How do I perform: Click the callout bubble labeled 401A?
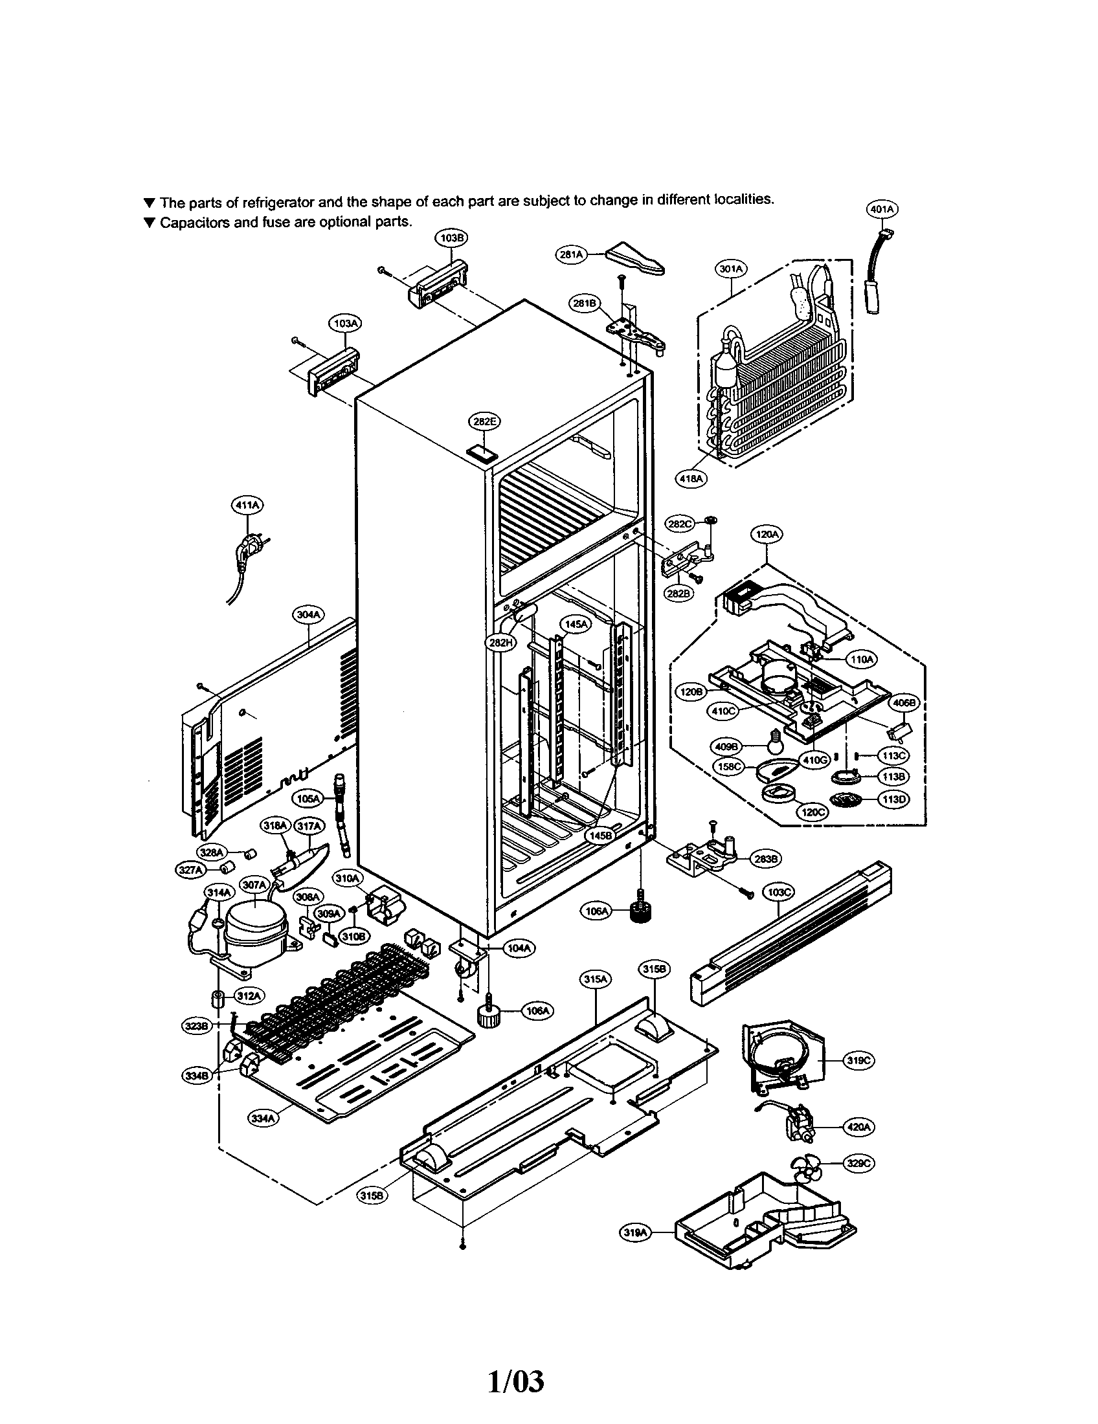coord(882,209)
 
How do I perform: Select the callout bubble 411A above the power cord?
coord(248,504)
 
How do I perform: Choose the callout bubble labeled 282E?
coord(485,422)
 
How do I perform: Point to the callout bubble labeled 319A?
coord(634,1232)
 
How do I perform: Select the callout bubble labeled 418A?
coord(691,478)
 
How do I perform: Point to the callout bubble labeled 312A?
coord(248,996)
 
